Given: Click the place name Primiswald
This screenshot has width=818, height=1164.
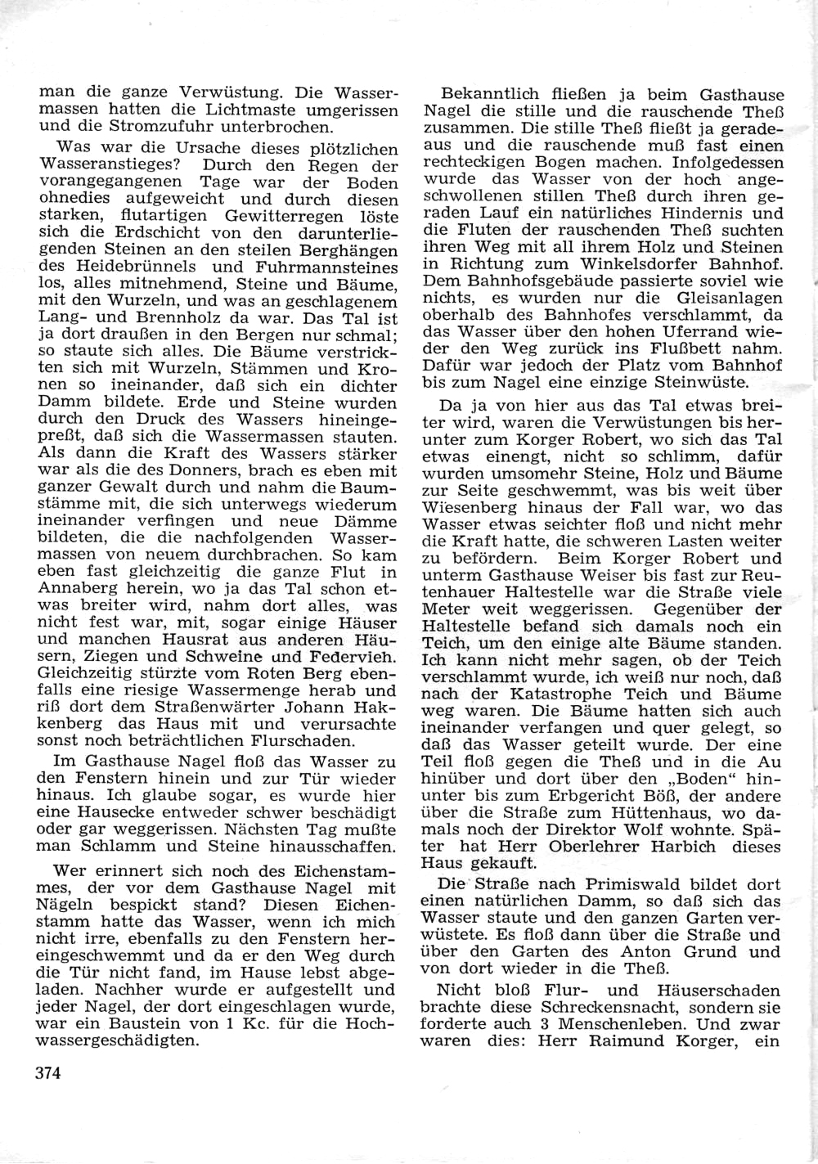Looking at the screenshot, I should [629, 884].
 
